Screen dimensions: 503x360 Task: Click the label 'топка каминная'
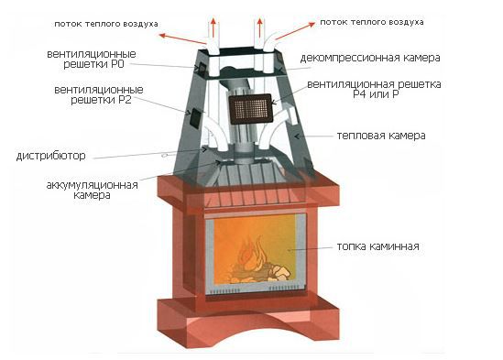coord(377,246)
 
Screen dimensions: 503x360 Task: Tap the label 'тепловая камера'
coord(381,136)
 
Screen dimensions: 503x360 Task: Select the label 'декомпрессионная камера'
coord(370,58)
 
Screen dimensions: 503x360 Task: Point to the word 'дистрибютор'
coord(50,156)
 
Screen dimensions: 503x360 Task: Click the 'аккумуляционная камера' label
coord(92,190)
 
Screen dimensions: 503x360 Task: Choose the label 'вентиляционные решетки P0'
coord(92,59)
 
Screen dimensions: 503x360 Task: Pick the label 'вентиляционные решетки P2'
coord(99,94)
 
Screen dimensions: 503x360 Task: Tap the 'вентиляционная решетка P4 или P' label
coord(374,90)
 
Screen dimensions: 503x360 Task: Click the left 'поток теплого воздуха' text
coord(106,24)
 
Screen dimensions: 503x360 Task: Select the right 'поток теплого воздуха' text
coord(372,22)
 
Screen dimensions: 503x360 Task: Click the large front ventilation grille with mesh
coord(251,109)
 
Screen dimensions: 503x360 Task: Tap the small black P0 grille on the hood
coord(202,69)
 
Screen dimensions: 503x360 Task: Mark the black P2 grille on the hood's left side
coord(195,117)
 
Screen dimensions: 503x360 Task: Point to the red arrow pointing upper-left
coord(182,38)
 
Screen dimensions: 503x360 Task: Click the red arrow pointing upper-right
coord(295,31)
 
